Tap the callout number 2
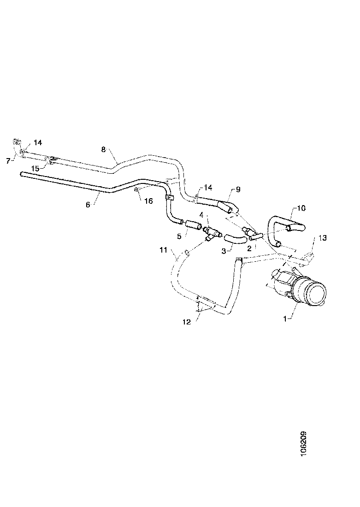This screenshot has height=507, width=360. (x=249, y=248)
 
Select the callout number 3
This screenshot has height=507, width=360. (x=224, y=251)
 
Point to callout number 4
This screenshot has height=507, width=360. (x=201, y=215)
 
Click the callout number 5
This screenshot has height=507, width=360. (x=179, y=236)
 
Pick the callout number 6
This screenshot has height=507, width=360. (x=88, y=205)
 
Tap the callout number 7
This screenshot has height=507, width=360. (x=8, y=160)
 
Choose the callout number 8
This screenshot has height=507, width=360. (x=103, y=149)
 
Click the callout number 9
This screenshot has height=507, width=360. (x=238, y=189)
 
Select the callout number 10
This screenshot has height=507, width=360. (x=301, y=208)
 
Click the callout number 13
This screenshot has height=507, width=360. (x=322, y=237)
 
